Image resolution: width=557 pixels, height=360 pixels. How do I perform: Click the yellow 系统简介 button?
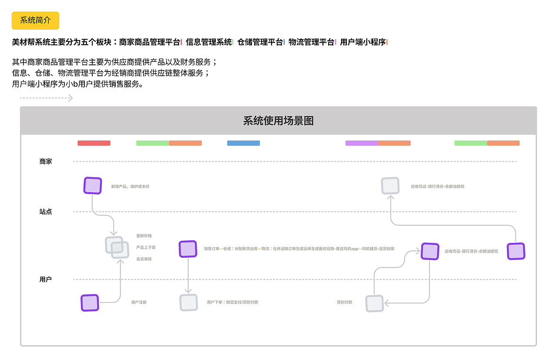click(35, 20)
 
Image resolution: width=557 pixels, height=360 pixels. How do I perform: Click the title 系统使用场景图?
click(278, 121)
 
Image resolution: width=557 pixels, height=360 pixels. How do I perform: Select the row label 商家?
click(46, 161)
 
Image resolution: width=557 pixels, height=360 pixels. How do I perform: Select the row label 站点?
click(46, 212)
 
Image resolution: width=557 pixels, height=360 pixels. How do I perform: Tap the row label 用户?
click(46, 279)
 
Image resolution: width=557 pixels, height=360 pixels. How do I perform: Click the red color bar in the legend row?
click(94, 143)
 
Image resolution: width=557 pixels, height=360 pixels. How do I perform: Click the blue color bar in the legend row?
click(243, 143)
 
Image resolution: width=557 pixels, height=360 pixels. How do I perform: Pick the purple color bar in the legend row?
click(362, 143)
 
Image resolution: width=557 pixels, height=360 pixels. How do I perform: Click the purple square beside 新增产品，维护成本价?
click(92, 186)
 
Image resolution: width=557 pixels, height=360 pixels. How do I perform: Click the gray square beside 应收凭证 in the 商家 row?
click(390, 186)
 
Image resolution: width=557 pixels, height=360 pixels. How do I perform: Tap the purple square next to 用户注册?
click(90, 303)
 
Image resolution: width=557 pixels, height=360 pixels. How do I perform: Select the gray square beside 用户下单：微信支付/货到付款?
click(188, 303)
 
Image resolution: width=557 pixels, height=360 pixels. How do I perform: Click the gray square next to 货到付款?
click(374, 303)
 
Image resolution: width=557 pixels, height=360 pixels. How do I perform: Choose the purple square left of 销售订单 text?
click(188, 249)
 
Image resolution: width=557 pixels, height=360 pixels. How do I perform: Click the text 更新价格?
click(144, 236)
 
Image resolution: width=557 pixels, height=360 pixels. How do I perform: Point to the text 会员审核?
click(144, 259)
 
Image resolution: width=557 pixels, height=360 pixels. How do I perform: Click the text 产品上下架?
click(146, 247)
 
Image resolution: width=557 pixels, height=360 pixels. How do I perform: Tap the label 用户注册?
click(139, 302)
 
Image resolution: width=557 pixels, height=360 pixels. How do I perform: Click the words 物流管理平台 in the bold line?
click(311, 42)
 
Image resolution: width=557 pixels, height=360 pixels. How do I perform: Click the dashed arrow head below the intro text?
click(70, 98)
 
